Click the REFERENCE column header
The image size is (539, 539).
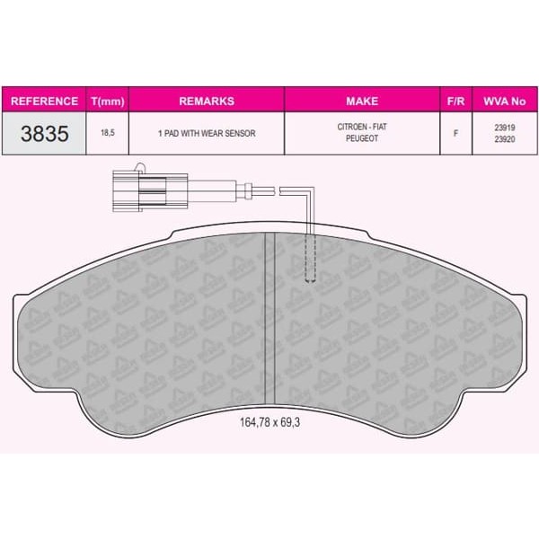(x=44, y=101)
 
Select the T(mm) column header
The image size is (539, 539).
(x=109, y=101)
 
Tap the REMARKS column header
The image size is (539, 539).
(x=207, y=101)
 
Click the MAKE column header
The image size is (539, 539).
(x=362, y=101)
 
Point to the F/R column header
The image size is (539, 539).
(x=455, y=101)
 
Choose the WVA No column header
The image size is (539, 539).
(x=505, y=101)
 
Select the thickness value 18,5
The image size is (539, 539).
(x=109, y=133)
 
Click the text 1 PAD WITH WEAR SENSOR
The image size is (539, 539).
(x=207, y=133)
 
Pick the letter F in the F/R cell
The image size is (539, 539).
(x=455, y=133)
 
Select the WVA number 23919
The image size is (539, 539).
(x=505, y=128)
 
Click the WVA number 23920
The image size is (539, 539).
(x=505, y=139)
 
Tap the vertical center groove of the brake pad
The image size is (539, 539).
(x=268, y=314)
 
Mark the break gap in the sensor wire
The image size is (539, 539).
(x=275, y=190)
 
